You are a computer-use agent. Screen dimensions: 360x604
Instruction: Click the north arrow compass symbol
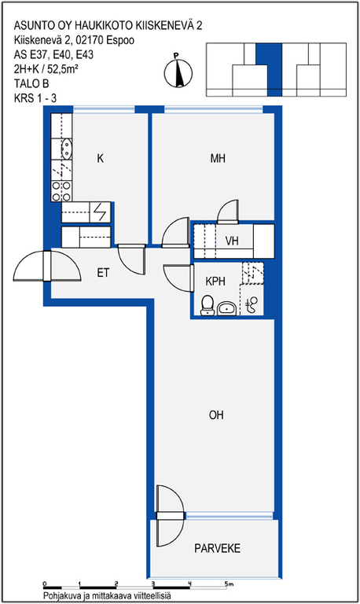click(178, 72)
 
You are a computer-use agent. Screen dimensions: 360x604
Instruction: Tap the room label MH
click(218, 158)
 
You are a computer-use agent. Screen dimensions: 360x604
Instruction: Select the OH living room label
click(216, 415)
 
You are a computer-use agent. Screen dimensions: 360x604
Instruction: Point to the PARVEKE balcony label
click(217, 548)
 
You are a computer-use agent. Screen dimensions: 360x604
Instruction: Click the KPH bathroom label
click(215, 282)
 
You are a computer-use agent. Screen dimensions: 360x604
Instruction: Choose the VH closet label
click(232, 241)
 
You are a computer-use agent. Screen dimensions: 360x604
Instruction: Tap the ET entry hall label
click(103, 273)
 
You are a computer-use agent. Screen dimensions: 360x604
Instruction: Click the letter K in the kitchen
click(100, 158)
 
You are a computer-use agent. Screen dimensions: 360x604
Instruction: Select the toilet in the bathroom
click(208, 305)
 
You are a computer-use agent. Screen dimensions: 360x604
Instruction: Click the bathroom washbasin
click(227, 308)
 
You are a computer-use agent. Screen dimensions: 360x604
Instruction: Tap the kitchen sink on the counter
click(67, 149)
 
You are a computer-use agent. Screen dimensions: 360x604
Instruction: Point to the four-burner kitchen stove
click(61, 191)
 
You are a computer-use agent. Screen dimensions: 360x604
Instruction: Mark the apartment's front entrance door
click(47, 266)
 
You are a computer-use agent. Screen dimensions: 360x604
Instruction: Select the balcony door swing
click(170, 516)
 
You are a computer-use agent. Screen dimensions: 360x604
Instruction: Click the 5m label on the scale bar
click(230, 584)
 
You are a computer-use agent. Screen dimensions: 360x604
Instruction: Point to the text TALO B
click(31, 83)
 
